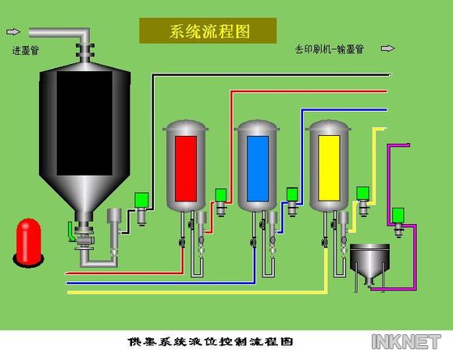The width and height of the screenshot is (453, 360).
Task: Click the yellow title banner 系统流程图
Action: tap(208, 31)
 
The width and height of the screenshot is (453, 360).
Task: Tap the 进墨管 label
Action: tap(26, 50)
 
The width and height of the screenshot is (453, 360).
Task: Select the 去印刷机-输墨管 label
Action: tap(330, 49)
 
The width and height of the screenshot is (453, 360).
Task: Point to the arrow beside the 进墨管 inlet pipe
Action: tap(13, 31)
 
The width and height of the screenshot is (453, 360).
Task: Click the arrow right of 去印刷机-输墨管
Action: tap(387, 48)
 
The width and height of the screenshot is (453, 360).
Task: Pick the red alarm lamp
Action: tap(28, 242)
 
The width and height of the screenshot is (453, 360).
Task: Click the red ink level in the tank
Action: tap(186, 169)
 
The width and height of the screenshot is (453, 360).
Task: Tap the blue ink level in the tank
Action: tap(258, 169)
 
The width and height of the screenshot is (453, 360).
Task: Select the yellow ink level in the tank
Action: tap(329, 168)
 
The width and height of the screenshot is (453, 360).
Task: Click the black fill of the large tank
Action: tap(84, 123)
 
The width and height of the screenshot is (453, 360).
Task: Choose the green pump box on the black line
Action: tap(141, 200)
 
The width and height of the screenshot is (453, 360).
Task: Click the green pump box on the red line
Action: tap(221, 195)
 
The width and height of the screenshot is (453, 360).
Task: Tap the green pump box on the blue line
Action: tap(292, 194)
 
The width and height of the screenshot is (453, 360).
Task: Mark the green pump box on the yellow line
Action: tap(362, 194)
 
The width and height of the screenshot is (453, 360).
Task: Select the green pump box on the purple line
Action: tap(398, 215)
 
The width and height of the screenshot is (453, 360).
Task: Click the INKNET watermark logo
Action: tap(406, 342)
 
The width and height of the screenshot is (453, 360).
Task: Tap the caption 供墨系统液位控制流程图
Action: tap(211, 342)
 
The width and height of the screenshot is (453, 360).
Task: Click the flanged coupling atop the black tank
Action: tap(85, 51)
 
